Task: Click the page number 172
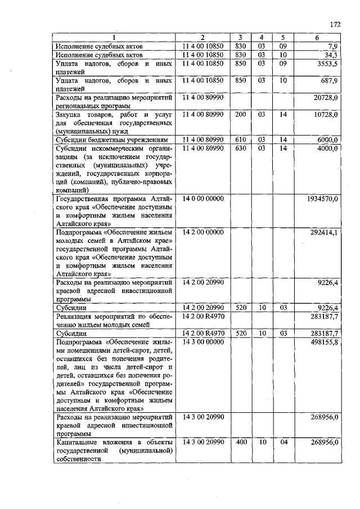click(x=336, y=25)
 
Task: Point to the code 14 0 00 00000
click(x=202, y=199)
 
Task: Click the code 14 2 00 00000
click(x=202, y=232)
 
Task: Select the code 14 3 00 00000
click(x=202, y=343)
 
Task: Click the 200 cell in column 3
click(x=241, y=114)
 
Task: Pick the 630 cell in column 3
click(x=241, y=148)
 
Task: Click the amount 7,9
click(x=332, y=46)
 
